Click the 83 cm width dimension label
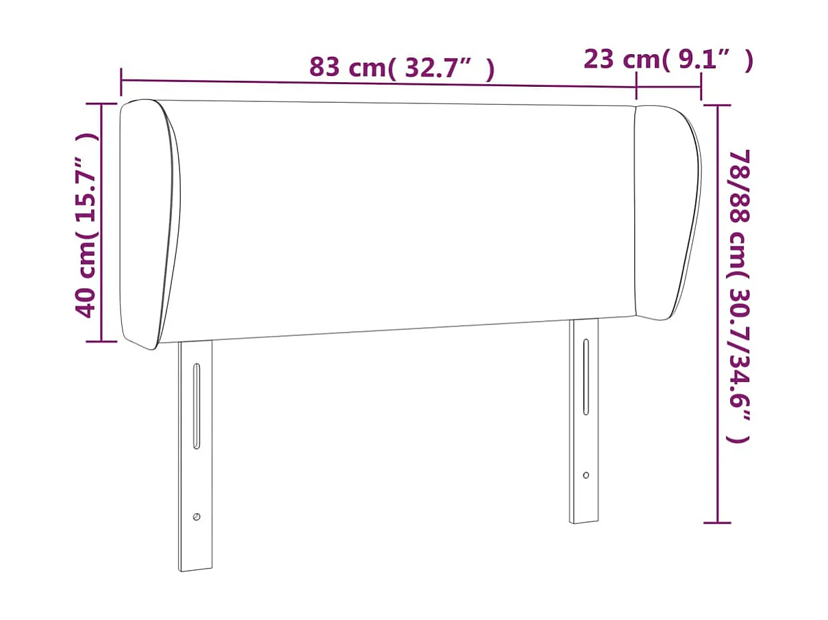click(x=401, y=68)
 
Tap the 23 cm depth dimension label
click(x=668, y=60)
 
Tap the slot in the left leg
click(x=197, y=406)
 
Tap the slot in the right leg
click(x=586, y=376)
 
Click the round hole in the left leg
click(x=197, y=517)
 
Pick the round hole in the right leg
click(x=586, y=475)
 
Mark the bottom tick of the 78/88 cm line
click(x=717, y=523)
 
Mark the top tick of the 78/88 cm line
click(x=717, y=105)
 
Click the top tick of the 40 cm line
click(x=101, y=104)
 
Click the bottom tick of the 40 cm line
click(x=101, y=341)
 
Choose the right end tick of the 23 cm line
click(x=701, y=87)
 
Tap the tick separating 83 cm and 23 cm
click(x=637, y=87)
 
